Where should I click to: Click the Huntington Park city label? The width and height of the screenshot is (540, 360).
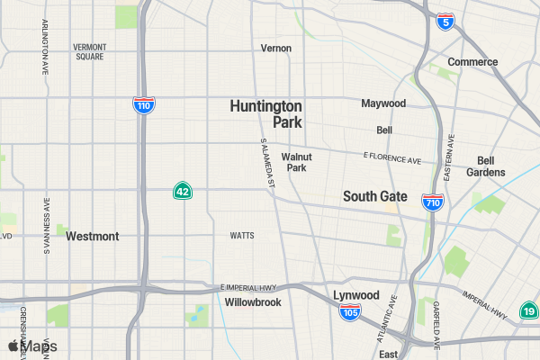(x=266, y=113)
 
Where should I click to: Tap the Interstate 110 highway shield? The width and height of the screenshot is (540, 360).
(x=142, y=105)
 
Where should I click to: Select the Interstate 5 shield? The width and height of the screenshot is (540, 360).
(x=445, y=22)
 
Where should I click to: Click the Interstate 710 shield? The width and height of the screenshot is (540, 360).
(x=433, y=204)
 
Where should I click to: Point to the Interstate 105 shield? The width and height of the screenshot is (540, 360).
(x=350, y=312)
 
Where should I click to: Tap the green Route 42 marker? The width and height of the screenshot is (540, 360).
(x=183, y=191)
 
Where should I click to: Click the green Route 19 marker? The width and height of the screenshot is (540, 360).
(x=530, y=310)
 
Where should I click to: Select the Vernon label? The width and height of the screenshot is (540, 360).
(x=276, y=48)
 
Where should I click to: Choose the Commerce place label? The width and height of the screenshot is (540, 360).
(x=472, y=62)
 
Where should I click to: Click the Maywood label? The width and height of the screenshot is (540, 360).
(x=383, y=103)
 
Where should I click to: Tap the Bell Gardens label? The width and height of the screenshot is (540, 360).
(x=485, y=166)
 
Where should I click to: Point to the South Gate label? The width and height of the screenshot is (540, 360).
(x=375, y=196)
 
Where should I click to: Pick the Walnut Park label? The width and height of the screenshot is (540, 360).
(x=296, y=162)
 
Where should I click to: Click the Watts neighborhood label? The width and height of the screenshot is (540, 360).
(x=242, y=236)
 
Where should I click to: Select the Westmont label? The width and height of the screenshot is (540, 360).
(x=92, y=237)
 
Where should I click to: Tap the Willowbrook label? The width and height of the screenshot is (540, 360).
(x=253, y=302)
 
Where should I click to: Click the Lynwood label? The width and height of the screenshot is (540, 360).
(x=356, y=295)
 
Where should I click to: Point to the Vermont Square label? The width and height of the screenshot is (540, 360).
(x=90, y=51)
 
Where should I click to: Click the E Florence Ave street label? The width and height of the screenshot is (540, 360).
(x=392, y=157)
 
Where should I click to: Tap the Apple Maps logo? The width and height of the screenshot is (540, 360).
(x=32, y=346)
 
